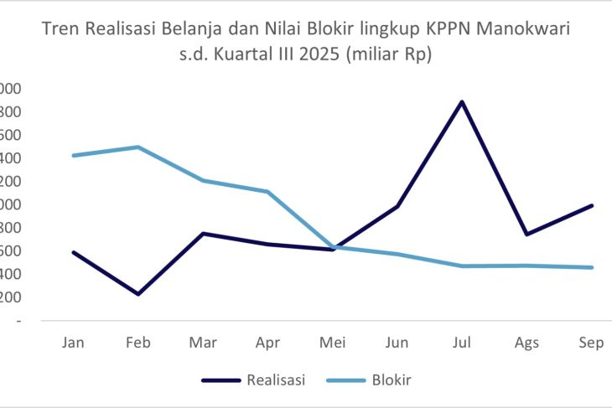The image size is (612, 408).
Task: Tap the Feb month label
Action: (x=139, y=343)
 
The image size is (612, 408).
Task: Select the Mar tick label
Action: (x=204, y=343)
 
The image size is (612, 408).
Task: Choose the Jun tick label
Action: (x=397, y=343)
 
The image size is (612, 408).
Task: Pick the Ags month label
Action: (x=526, y=343)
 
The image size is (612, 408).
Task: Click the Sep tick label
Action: (x=591, y=343)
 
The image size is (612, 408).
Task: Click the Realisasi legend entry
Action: (x=275, y=380)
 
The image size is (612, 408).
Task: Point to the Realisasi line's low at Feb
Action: (x=139, y=294)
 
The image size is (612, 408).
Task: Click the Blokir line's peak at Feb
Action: (x=139, y=147)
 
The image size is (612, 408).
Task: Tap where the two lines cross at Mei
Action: (x=335, y=248)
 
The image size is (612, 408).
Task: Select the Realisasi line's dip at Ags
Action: (x=526, y=235)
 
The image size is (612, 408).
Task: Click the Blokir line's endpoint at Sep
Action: (x=591, y=267)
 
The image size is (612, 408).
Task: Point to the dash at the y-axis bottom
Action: (x=18, y=321)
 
